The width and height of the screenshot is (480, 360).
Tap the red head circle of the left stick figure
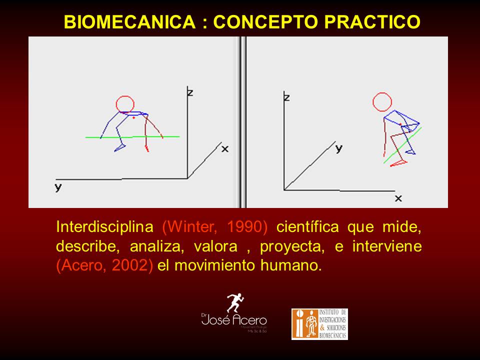(124, 104)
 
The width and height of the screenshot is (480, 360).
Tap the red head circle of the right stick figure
(382, 102)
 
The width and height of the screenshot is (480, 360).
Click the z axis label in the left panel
(189, 92)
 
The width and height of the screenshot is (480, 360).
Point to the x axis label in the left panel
(225, 148)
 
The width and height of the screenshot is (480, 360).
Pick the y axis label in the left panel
(58, 188)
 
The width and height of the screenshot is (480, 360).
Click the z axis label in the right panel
(286, 96)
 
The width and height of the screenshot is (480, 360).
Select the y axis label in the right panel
(338, 148)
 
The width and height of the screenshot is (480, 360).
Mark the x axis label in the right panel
(398, 198)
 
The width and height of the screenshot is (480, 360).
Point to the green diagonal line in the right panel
(402, 145)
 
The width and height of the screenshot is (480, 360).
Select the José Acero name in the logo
(234, 320)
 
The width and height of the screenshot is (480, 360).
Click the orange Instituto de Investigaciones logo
(319, 324)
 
